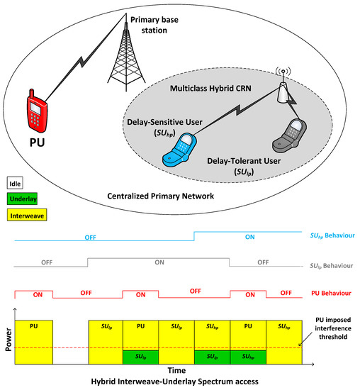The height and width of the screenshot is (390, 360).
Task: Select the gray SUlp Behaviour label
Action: coord(332,265)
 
